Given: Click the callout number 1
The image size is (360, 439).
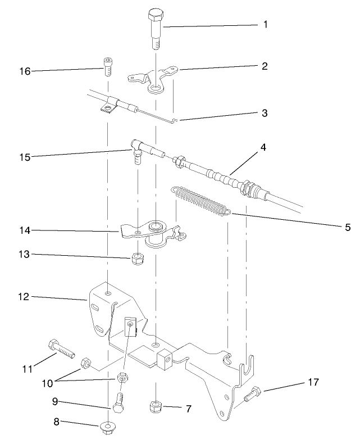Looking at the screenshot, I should point(265,25).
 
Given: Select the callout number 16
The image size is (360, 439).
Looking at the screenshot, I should point(25,71).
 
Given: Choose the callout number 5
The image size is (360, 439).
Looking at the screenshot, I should point(348,227).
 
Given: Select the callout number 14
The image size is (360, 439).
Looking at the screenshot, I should point(25,229).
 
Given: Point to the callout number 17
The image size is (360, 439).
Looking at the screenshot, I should point(313,382).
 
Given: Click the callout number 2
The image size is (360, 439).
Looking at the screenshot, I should point(265,66).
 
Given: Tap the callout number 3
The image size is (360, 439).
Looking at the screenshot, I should point(264,113).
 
